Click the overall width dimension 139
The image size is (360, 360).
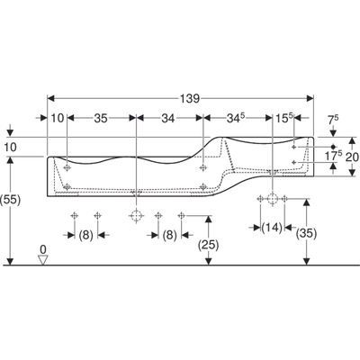coord(190,98)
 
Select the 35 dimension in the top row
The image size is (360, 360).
coord(101,119)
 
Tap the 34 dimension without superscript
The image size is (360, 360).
coord(168,119)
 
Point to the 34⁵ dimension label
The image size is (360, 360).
coord(234,118)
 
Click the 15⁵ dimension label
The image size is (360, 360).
coord(283,118)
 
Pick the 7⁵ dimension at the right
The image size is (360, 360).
coord(333,120)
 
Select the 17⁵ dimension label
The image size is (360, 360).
coord(334,156)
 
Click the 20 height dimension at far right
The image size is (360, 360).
coord(352,157)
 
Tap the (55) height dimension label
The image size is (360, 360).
coord(11,200)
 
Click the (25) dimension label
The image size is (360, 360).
coord(209,246)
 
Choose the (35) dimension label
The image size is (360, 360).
coord(306,233)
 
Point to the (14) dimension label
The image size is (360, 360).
coord(272,228)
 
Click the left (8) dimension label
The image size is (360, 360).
coord(86,235)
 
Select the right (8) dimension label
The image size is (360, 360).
coord(170,235)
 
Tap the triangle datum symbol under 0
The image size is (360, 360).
coord(43,260)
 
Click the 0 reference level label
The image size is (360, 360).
coord(43,249)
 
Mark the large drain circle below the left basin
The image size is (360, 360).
coord(136,215)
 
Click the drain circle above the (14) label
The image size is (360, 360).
coord(272,198)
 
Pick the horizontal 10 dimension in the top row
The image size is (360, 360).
coord(57,118)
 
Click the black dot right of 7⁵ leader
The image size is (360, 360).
coord(333,147)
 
